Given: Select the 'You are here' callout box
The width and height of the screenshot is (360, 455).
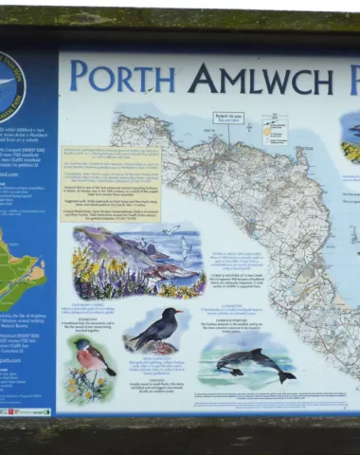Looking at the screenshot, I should click(x=229, y=120).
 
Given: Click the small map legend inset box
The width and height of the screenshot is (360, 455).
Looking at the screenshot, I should click(x=275, y=129).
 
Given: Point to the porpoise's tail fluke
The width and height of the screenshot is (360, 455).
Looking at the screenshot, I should click(x=285, y=376).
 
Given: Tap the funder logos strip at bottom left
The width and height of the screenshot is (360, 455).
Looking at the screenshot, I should click(x=25, y=411).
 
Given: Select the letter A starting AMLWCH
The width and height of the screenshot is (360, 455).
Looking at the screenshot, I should click(x=202, y=78).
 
